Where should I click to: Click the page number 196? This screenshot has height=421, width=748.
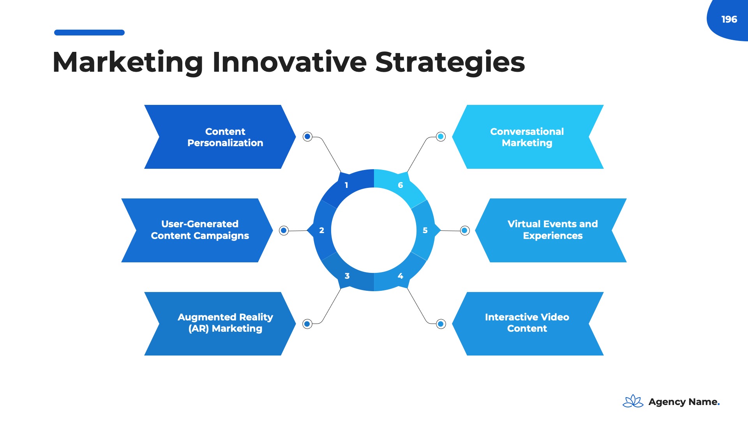[729, 19]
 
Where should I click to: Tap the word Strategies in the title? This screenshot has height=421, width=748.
[450, 62]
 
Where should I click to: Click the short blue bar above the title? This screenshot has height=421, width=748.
[89, 33]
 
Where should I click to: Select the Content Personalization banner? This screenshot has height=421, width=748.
[220, 137]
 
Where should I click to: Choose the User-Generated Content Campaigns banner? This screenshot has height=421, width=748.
[197, 230]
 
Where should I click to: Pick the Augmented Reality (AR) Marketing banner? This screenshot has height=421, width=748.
[220, 323]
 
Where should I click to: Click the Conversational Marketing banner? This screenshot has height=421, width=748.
[527, 137]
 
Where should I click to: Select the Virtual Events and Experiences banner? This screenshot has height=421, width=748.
[551, 230]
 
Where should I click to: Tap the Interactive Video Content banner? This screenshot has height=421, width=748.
[527, 323]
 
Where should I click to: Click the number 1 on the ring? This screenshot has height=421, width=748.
[346, 185]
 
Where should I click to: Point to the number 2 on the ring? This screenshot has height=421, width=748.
[321, 230]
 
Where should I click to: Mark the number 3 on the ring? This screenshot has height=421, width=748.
[347, 276]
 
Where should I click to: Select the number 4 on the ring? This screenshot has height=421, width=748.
[400, 276]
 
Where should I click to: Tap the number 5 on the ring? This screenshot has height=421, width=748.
[425, 230]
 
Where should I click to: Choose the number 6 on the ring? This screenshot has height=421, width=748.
[400, 185]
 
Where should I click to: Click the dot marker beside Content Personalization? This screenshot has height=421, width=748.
[307, 136]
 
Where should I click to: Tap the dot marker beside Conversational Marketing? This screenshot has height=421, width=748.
[441, 136]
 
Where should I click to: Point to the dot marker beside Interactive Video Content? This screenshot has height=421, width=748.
[441, 324]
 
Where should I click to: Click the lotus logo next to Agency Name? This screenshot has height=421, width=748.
[633, 401]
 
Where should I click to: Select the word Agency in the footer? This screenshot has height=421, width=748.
[667, 402]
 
